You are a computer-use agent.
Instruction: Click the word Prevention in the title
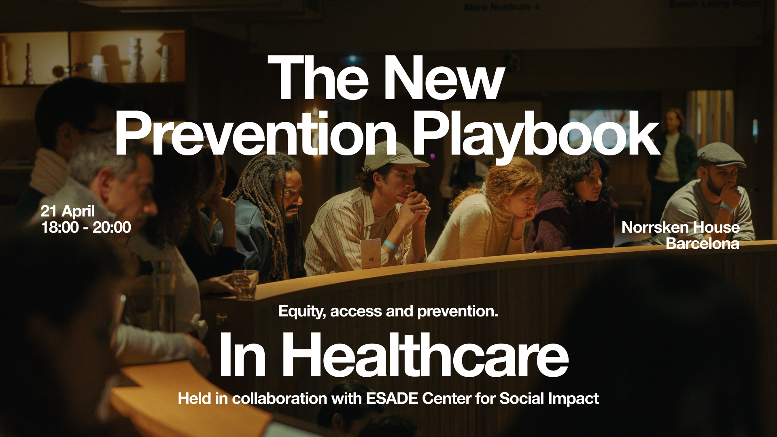tap(256, 134)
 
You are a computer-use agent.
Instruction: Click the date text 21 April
tap(68, 211)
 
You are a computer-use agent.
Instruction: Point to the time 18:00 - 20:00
tap(86, 227)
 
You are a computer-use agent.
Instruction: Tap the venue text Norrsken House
tap(681, 227)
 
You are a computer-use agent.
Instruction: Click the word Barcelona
tap(703, 244)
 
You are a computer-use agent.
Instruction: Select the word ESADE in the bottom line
tap(392, 399)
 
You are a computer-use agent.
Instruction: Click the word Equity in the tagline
tap(302, 312)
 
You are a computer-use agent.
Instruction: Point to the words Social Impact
tap(549, 399)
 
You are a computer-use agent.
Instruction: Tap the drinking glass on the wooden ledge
tap(245, 284)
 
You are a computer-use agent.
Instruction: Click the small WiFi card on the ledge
tap(371, 254)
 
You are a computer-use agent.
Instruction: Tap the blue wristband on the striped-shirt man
tap(390, 245)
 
